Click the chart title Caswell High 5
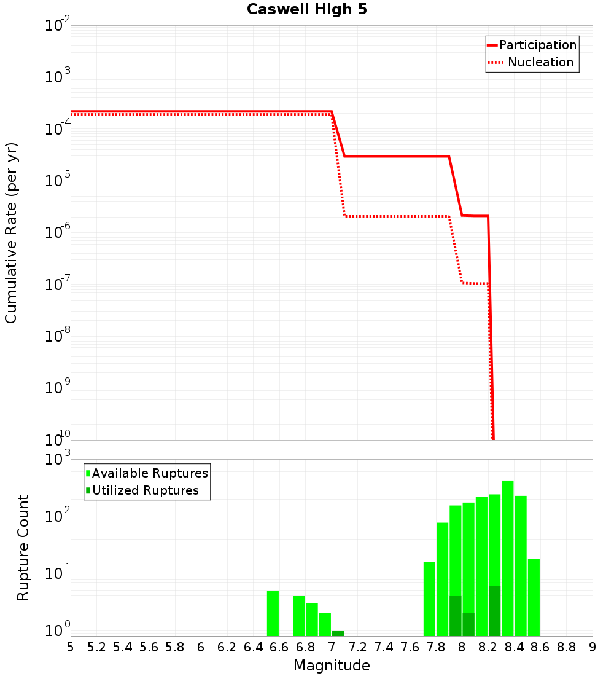coord(306,10)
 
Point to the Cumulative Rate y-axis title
coord(12,232)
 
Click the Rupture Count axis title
coord(23,547)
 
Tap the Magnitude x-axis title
coord(332,666)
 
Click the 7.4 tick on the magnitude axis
coord(384,647)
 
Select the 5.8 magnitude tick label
coord(175,647)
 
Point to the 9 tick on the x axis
coord(593,647)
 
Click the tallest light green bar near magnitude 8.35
coord(508,553)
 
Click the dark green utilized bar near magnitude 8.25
coord(494,611)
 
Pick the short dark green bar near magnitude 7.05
coord(338,633)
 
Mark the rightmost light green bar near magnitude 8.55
coord(534,596)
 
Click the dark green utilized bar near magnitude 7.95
coord(455,616)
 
